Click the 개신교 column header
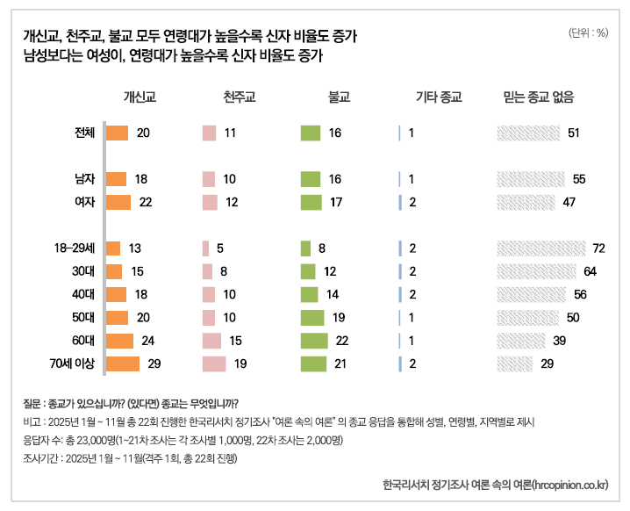[140, 97]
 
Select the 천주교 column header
[240, 97]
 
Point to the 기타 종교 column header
[438, 97]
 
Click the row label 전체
[85, 133]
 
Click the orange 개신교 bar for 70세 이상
[123, 363]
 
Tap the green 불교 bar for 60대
[313, 340]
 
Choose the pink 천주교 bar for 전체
[209, 133]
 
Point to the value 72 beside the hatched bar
[599, 248]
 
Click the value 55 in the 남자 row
[578, 179]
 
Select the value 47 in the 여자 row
[569, 202]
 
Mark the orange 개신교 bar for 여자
[118, 202]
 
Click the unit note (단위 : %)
[588, 33]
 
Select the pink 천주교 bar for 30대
[207, 271]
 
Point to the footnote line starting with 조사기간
[126, 457]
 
